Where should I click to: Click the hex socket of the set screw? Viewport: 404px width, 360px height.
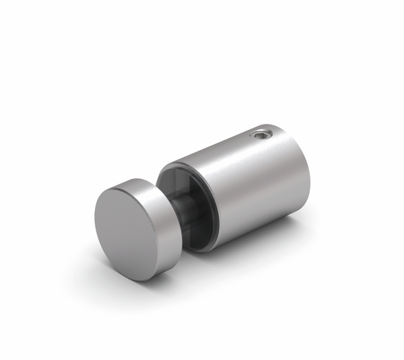[261, 135]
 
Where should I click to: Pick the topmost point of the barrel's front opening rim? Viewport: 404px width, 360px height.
[176, 161]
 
